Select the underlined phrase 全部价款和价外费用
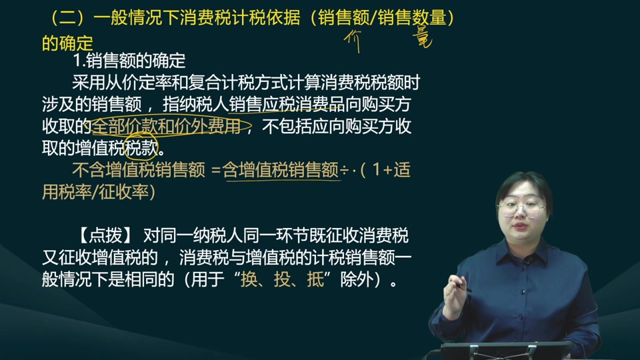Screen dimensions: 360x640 tap(166, 126)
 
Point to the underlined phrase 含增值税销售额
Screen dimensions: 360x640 tap(281, 170)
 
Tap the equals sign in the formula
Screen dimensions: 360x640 tap(215, 171)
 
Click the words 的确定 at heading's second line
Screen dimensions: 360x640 tap(67, 43)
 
